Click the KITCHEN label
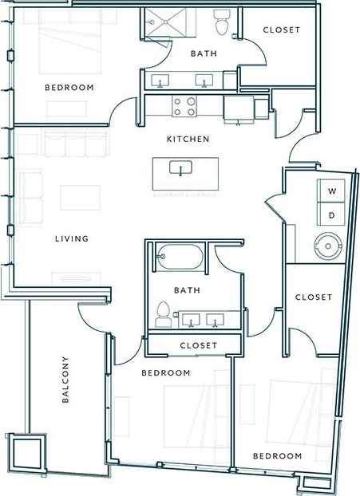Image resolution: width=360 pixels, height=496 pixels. [188, 140]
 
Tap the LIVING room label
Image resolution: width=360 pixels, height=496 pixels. [71, 238]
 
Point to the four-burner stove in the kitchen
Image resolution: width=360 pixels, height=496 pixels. [184, 106]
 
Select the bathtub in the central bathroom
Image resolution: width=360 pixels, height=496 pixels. [177, 258]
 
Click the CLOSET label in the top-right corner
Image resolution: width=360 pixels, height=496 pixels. [281, 30]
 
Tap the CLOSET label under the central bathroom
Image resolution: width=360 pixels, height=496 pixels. [199, 345]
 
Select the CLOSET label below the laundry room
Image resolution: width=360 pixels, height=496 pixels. [313, 297]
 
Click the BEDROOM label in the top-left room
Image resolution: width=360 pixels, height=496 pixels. [69, 88]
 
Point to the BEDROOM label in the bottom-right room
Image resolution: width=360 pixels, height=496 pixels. [277, 456]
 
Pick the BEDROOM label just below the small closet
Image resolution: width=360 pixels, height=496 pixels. [165, 373]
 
